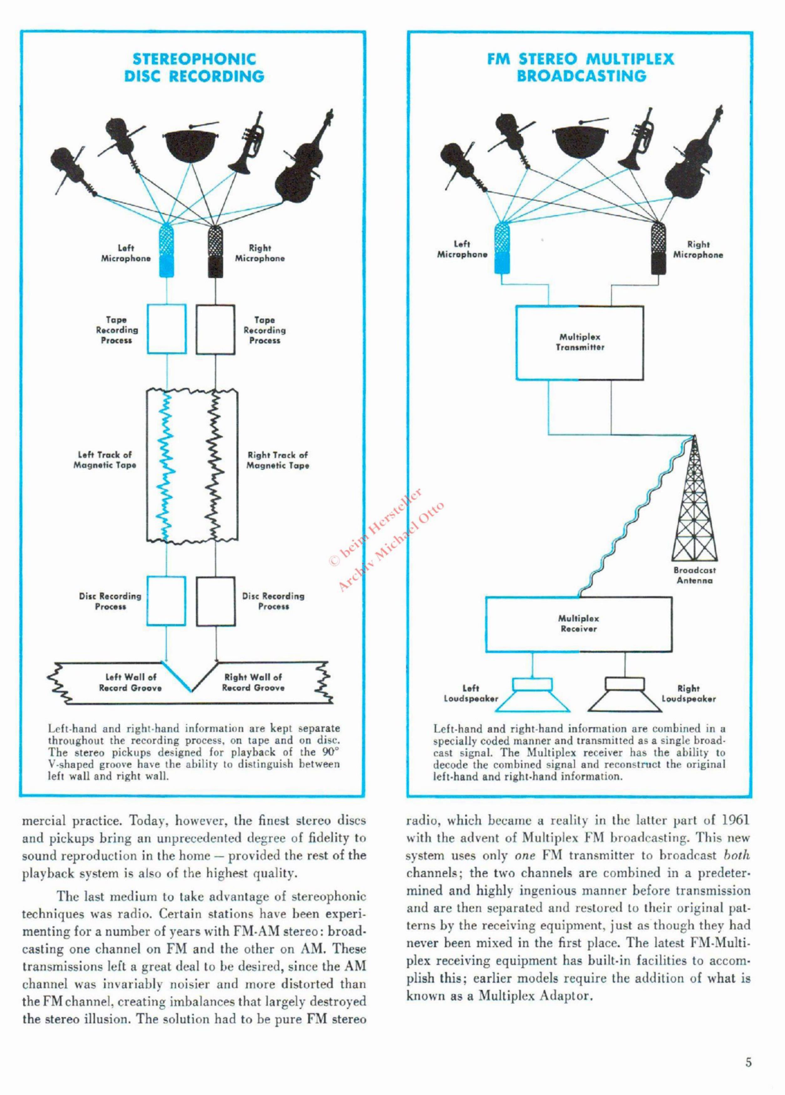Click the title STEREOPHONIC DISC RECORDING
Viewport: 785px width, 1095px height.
point(194,68)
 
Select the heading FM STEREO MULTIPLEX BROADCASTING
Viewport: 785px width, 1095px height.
point(581,68)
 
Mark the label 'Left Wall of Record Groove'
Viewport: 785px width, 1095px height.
point(130,682)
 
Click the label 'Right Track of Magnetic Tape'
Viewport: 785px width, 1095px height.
point(278,460)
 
